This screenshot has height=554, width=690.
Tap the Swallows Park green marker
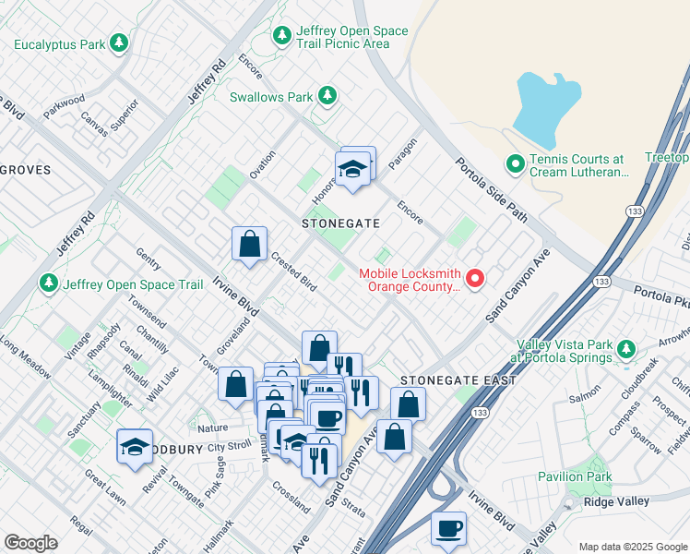(x=327, y=95)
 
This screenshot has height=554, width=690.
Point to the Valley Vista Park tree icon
(x=627, y=349)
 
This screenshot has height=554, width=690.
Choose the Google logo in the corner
(x=31, y=542)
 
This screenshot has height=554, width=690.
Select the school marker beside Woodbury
(x=135, y=448)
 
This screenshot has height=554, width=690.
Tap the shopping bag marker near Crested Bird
(x=249, y=246)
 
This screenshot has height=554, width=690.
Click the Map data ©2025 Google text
(x=632, y=546)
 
